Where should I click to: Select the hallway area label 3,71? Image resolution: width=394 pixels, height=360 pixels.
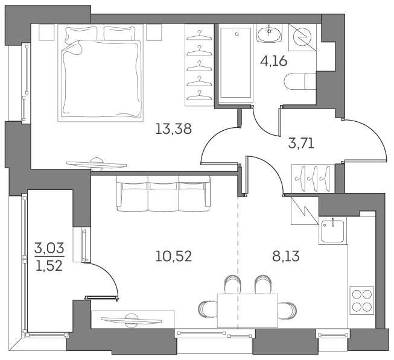(x=301, y=144)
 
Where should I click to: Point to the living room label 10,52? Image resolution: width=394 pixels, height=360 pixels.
(x=173, y=256)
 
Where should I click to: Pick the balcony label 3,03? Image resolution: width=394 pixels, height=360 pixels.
(x=49, y=247)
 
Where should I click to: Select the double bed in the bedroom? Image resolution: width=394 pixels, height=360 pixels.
(x=101, y=72)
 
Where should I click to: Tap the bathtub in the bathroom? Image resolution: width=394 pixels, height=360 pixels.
(x=236, y=63)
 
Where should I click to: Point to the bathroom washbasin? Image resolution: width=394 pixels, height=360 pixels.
(x=265, y=34)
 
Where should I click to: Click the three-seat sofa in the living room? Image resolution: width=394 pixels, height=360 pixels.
(x=163, y=193)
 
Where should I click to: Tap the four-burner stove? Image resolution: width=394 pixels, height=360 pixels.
(x=361, y=300)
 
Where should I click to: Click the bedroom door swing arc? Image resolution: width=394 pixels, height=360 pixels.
(x=217, y=145)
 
